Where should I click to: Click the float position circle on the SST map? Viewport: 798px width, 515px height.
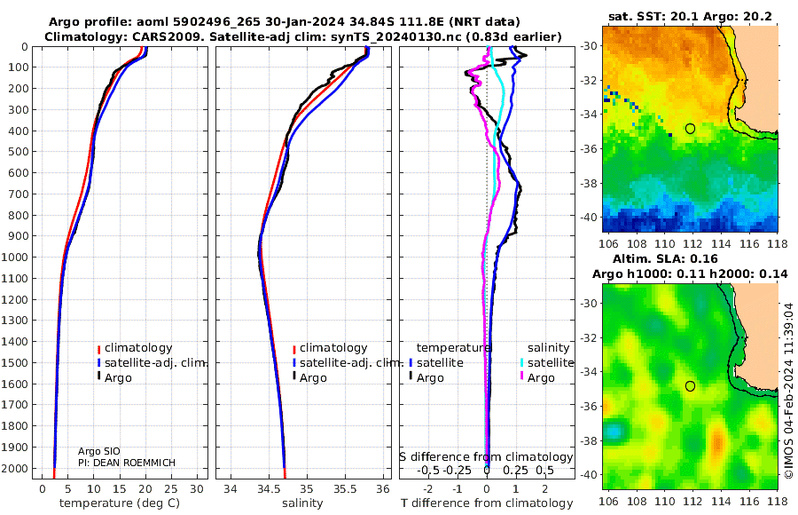(x=690, y=129)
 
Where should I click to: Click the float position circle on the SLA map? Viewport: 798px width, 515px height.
(x=690, y=386)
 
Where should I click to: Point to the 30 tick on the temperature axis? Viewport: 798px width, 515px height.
(x=197, y=489)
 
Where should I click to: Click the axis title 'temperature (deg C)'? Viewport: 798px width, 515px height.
(x=120, y=503)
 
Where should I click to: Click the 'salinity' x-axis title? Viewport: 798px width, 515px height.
(x=302, y=503)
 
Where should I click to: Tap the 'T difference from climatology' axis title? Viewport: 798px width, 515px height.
(x=487, y=503)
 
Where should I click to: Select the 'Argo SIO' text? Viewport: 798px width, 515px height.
(x=98, y=451)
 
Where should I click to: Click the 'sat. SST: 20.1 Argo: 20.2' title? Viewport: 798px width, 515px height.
(x=690, y=16)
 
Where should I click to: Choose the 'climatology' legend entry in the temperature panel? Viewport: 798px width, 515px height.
(x=135, y=348)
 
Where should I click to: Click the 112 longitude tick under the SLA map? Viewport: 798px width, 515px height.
(x=693, y=502)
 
